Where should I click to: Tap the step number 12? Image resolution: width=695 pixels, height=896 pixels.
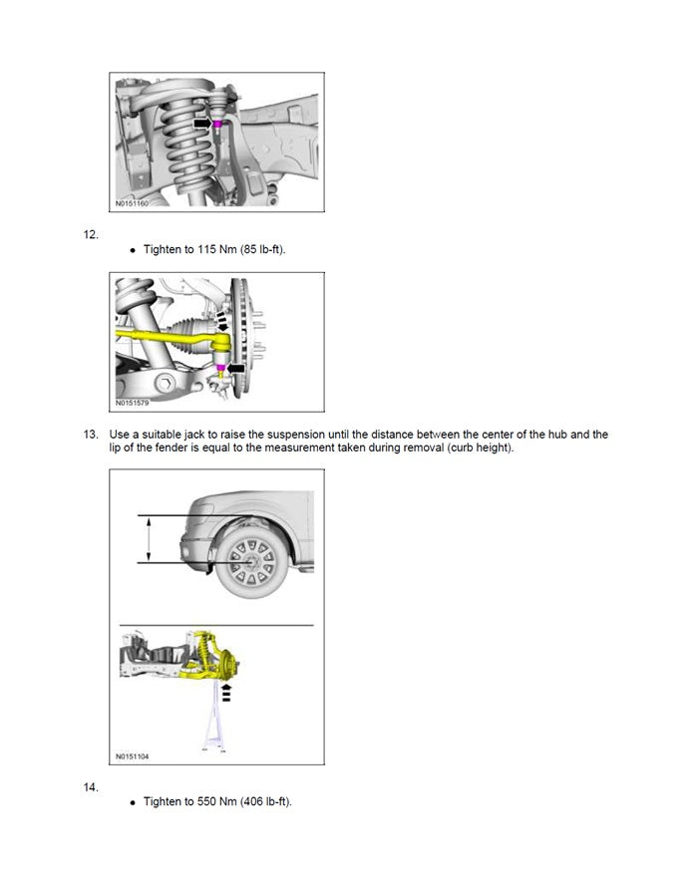[91, 235]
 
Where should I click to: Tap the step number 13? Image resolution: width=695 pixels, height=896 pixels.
[91, 435]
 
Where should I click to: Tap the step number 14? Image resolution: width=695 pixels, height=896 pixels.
[91, 787]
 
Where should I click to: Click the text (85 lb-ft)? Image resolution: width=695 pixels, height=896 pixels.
[264, 249]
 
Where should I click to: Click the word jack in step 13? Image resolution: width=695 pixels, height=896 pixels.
[195, 435]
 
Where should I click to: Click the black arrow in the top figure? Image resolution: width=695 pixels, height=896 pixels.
[202, 124]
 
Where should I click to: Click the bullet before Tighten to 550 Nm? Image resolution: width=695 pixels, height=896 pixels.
[133, 802]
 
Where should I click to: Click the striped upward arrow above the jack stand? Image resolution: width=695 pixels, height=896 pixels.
[226, 692]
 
